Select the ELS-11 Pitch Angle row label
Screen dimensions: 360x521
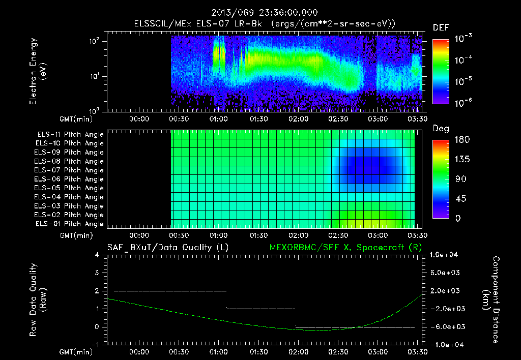[x=70, y=135]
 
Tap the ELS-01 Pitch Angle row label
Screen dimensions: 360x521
[x=70, y=224]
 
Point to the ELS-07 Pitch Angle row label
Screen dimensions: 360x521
[x=70, y=170]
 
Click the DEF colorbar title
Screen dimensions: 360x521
[x=441, y=27]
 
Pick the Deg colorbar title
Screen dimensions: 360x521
[x=440, y=129]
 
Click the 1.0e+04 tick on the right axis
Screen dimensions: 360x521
[x=445, y=255]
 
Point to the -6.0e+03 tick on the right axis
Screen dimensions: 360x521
[x=445, y=326]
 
